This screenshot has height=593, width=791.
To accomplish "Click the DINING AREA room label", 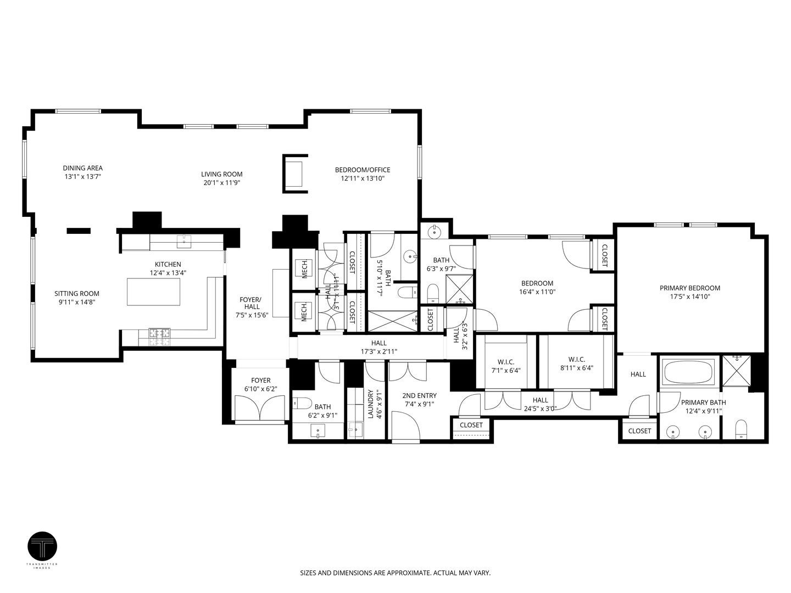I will (x=82, y=168).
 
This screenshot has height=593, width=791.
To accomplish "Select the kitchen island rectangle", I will (x=154, y=292).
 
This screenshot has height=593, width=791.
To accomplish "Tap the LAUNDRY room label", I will (x=371, y=405).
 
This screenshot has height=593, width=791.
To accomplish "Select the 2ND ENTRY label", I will (x=419, y=395).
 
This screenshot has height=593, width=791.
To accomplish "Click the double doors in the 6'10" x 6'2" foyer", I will (x=260, y=407).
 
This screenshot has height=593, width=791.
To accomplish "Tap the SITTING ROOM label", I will (x=77, y=294).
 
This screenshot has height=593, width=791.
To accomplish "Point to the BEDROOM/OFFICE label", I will (x=363, y=170).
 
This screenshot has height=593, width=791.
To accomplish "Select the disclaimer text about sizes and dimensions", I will (x=395, y=573).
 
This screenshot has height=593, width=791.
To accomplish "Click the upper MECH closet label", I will (x=304, y=268).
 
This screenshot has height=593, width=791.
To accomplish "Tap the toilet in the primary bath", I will (x=742, y=429).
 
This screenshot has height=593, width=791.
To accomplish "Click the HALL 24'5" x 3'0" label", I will (x=540, y=400).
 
